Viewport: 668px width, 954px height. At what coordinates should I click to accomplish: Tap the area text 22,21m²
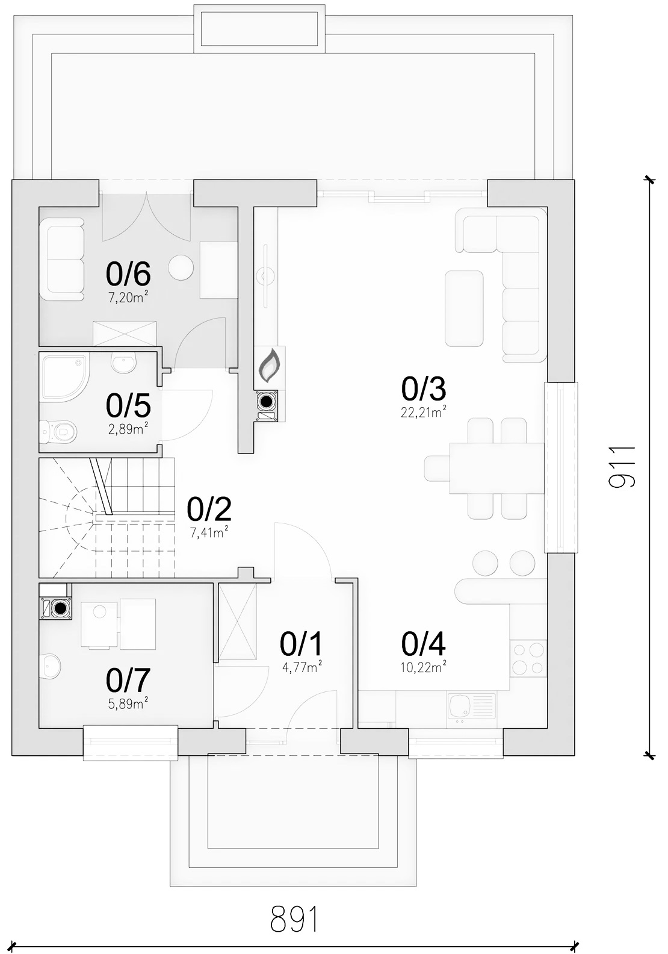423,412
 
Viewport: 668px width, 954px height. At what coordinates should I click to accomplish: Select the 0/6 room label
128,273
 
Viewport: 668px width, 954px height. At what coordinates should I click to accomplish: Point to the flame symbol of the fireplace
270,366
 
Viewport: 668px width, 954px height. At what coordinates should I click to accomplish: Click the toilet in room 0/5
58,431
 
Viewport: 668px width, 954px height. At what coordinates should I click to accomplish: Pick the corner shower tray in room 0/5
64,378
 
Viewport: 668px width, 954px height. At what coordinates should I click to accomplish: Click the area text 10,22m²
423,667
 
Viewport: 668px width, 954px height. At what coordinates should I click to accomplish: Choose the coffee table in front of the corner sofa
464,308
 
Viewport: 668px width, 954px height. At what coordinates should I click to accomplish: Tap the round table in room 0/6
181,267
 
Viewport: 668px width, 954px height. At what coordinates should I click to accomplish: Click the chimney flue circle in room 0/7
61,608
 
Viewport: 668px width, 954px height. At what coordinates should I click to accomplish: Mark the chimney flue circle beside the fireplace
267,401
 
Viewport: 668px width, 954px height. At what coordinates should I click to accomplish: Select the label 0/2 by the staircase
209,510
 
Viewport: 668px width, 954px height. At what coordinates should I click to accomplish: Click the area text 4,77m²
302,667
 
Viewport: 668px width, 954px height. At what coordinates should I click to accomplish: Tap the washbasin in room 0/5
123,363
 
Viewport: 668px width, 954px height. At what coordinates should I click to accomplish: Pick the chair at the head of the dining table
437,468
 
